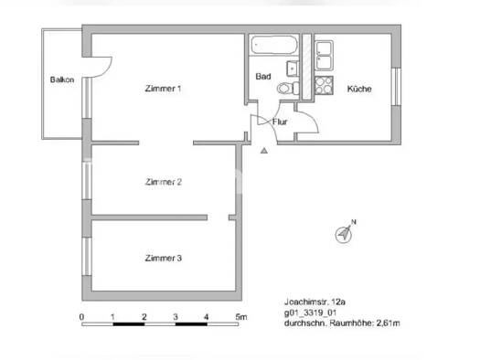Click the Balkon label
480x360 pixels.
coord(62,79)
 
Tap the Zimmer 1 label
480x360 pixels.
coord(164,88)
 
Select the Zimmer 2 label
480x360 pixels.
coord(164,182)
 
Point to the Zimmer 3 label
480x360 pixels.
coord(164,259)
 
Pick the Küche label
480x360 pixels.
coord(358,89)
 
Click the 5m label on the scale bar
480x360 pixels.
coord(240,317)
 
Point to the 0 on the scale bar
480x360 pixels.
coord(82,317)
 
